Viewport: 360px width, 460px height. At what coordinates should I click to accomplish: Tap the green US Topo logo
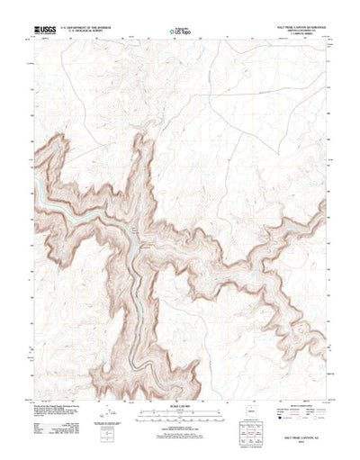180,34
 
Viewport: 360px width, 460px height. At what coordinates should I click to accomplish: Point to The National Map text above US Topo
180,28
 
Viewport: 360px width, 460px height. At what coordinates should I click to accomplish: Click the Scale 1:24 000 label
180,384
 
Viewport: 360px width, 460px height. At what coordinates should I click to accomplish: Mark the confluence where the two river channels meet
135,239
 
